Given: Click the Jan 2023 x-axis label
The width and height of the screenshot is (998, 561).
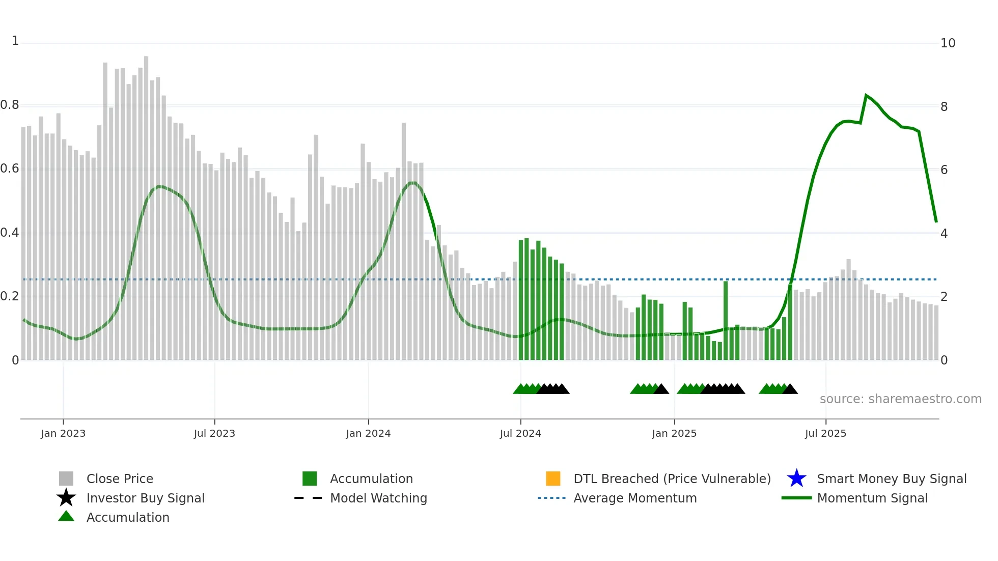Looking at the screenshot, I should pyautogui.click(x=63, y=433).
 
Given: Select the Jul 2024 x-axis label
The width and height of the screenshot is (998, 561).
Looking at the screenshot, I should pyautogui.click(x=520, y=433).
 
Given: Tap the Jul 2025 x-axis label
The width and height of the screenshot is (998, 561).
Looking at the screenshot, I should pyautogui.click(x=825, y=433).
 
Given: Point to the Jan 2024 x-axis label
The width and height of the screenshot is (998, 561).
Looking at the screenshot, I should pyautogui.click(x=368, y=433).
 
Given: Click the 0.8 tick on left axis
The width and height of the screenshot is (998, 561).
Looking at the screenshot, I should pyautogui.click(x=10, y=105).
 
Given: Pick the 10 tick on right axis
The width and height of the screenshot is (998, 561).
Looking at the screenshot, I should pyautogui.click(x=948, y=43).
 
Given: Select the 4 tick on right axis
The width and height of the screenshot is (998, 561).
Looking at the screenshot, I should pyautogui.click(x=944, y=234).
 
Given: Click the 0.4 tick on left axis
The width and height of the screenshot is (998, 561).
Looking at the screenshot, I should pyautogui.click(x=10, y=233).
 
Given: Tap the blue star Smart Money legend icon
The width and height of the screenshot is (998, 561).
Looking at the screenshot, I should pyautogui.click(x=796, y=479).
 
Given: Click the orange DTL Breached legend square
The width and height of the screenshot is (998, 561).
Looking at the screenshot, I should pyautogui.click(x=553, y=479).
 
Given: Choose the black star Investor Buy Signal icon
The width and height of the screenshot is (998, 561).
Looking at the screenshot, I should pyautogui.click(x=66, y=498).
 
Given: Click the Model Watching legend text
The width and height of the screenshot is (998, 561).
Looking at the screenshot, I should pyautogui.click(x=378, y=498).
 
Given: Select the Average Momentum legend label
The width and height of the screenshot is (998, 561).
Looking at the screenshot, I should pyautogui.click(x=635, y=498).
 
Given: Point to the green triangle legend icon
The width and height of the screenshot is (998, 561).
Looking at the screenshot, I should pyautogui.click(x=66, y=516).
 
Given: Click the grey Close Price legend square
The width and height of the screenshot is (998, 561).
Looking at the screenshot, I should pyautogui.click(x=66, y=479).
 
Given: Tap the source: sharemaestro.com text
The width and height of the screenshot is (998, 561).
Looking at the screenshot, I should pyautogui.click(x=900, y=399).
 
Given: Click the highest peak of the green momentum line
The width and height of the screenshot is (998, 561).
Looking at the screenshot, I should pyautogui.click(x=866, y=95).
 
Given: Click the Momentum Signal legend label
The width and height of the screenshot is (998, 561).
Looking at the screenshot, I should pyautogui.click(x=872, y=498).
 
